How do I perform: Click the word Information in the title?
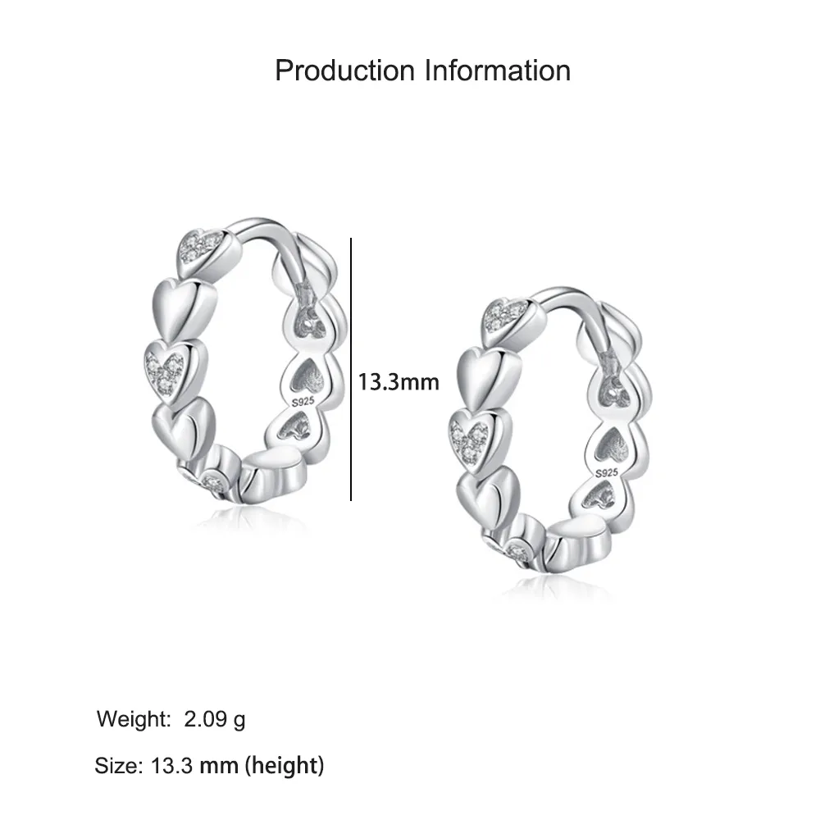497,71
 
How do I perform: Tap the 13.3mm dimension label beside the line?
399,381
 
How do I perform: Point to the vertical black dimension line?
351,369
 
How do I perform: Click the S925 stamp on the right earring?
606,473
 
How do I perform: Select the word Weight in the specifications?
130,720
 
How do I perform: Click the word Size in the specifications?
117,767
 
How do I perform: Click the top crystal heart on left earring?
201,245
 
